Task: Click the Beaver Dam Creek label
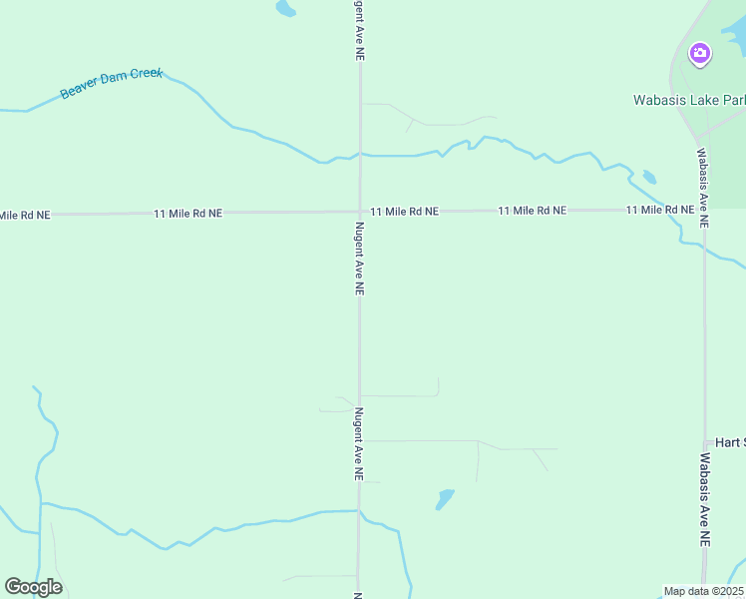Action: tap(111, 84)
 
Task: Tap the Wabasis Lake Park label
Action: tap(689, 100)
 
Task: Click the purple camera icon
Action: tap(700, 53)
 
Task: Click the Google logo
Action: tap(33, 587)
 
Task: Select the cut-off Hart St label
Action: tap(730, 442)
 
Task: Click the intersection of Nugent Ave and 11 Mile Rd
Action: tap(360, 212)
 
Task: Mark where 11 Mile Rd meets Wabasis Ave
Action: tap(703, 210)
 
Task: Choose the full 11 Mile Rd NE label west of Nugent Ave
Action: tap(187, 214)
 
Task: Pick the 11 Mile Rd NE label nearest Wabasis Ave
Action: tap(660, 210)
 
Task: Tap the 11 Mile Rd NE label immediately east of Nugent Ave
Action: tap(404, 212)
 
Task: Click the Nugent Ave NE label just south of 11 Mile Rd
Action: tap(359, 258)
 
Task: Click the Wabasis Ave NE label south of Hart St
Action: tap(704, 499)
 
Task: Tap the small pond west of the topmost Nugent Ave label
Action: tap(286, 9)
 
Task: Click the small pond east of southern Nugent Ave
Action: tap(445, 498)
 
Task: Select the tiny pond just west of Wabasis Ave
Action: tap(649, 178)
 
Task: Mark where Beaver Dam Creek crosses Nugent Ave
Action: tap(360, 155)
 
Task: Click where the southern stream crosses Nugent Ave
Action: tap(359, 511)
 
